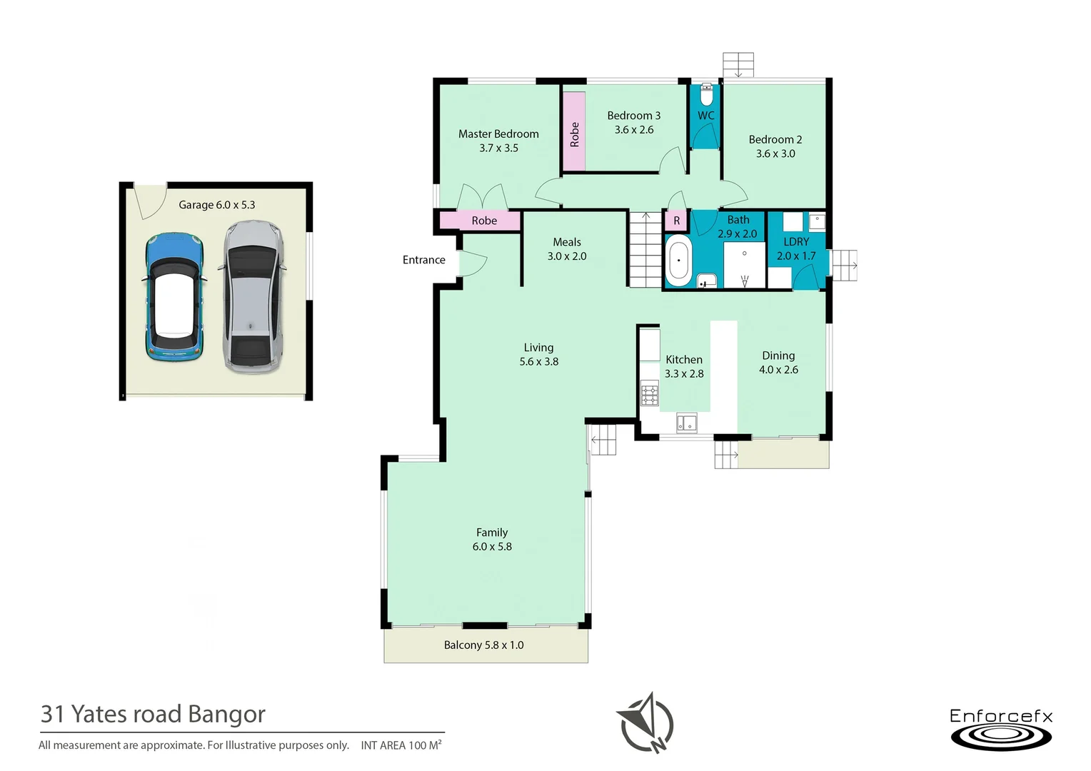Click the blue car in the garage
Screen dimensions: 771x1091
[174, 296]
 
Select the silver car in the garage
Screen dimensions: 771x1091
[253, 297]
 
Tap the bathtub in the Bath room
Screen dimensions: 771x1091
[678, 261]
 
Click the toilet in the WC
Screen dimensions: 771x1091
[706, 94]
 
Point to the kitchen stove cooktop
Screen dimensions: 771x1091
[649, 395]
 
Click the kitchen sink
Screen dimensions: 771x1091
[686, 423]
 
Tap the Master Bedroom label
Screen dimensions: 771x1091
[498, 134]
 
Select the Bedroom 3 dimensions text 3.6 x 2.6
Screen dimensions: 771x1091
[634, 130]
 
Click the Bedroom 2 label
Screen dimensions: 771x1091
[775, 140]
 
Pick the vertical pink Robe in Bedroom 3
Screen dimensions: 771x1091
[574, 131]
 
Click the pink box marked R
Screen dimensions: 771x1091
[676, 221]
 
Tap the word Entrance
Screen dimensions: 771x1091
[423, 260]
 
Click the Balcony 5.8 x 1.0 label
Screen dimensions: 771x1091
[483, 645]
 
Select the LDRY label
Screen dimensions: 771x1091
[796, 242]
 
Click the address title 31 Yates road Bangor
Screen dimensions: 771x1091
[153, 714]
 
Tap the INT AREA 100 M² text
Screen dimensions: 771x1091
[401, 745]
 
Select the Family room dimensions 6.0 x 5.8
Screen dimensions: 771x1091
[492, 547]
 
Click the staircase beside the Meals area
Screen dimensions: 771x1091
[645, 250]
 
